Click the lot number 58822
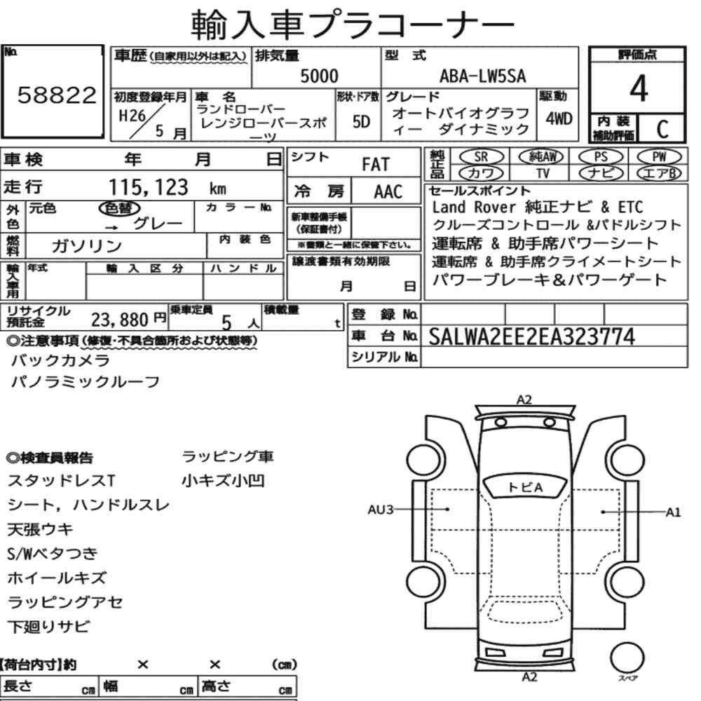pyautogui.click(x=57, y=95)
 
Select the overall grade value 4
pyautogui.click(x=639, y=88)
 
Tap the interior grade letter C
pyautogui.click(x=662, y=129)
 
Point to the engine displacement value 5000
pyautogui.click(x=319, y=76)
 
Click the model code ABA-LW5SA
pyautogui.click(x=483, y=76)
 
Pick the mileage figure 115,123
pyautogui.click(x=149, y=187)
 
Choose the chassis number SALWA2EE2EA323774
pyautogui.click(x=531, y=336)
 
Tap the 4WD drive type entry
pyautogui.click(x=559, y=119)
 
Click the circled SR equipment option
pyautogui.click(x=481, y=156)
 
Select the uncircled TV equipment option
pyautogui.click(x=543, y=173)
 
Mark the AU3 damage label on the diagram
pyautogui.click(x=380, y=510)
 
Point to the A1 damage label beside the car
pyautogui.click(x=673, y=512)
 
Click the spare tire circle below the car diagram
pyautogui.click(x=627, y=658)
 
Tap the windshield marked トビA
pyautogui.click(x=526, y=487)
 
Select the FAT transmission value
pyautogui.click(x=376, y=165)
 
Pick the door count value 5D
pyautogui.click(x=361, y=121)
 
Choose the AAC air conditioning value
pyautogui.click(x=388, y=192)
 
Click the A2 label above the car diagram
pyautogui.click(x=524, y=400)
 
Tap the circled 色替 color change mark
pyautogui.click(x=119, y=208)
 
